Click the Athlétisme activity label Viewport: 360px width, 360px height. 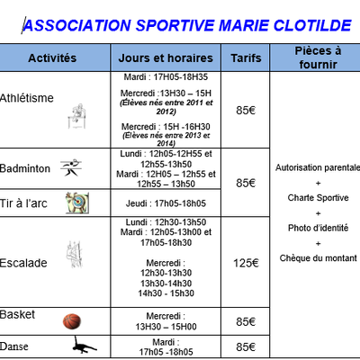tap(27, 97)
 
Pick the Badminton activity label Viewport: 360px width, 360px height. tap(26, 167)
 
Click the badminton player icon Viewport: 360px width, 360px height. tap(71, 168)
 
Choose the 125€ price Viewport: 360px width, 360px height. tap(246, 263)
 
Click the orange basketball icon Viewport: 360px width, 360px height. tap(72, 320)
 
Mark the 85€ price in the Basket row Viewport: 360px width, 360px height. tap(246, 320)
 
